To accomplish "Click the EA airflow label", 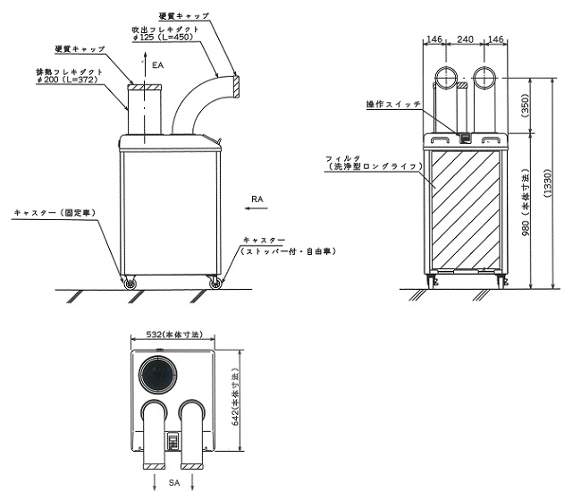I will (x=158, y=65).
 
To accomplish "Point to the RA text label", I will (x=257, y=199).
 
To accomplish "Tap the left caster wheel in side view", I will (x=131, y=284).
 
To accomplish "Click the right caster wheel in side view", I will (x=215, y=284).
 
